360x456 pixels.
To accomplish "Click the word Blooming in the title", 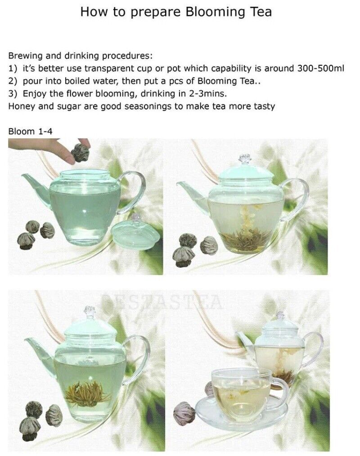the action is tap(216, 12).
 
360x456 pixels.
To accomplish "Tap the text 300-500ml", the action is tap(321, 68).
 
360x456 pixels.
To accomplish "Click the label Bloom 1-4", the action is tap(30, 131).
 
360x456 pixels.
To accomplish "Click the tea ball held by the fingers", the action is tap(80, 153).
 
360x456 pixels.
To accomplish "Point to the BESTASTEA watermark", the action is tap(162, 302).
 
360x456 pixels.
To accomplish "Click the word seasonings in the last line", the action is tap(148, 106).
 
